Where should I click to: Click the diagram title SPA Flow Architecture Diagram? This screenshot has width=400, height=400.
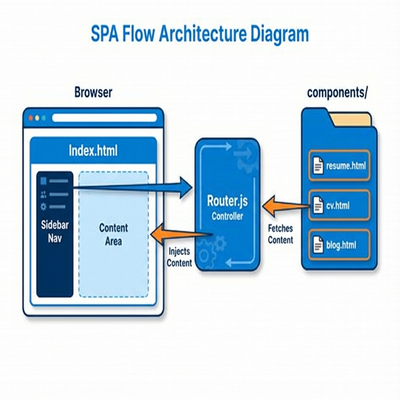pyautogui.click(x=200, y=35)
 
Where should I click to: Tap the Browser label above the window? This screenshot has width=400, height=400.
pyautogui.click(x=93, y=93)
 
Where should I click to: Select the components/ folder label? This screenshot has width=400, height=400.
pyautogui.click(x=337, y=93)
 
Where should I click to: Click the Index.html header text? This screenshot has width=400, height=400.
pyautogui.click(x=93, y=150)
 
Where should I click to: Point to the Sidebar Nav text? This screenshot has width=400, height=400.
pyautogui.click(x=55, y=231)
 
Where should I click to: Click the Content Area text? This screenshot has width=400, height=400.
pyautogui.click(x=113, y=234)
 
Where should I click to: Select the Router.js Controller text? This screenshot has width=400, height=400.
pyautogui.click(x=227, y=208)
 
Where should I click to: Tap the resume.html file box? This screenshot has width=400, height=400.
pyautogui.click(x=339, y=166)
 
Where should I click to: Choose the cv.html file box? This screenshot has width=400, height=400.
pyautogui.click(x=339, y=205)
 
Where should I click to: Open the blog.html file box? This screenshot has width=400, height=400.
pyautogui.click(x=339, y=245)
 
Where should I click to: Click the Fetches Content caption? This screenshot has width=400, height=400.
pyautogui.click(x=280, y=234)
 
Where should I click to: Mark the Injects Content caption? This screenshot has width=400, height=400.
pyautogui.click(x=179, y=257)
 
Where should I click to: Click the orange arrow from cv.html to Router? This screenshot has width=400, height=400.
pyautogui.click(x=285, y=205)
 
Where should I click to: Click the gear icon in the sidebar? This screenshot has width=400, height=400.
pyautogui.click(x=43, y=207)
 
